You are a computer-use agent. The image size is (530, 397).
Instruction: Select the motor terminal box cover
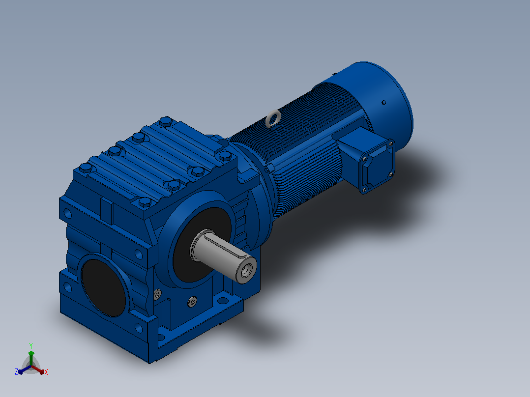coord(377,167)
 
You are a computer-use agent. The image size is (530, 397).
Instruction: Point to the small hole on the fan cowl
coord(383,102)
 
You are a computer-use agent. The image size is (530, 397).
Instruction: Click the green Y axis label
coord(31,345)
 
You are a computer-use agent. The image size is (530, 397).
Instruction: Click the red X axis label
coord(46,372)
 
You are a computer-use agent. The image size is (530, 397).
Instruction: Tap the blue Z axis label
coord(16,371)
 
